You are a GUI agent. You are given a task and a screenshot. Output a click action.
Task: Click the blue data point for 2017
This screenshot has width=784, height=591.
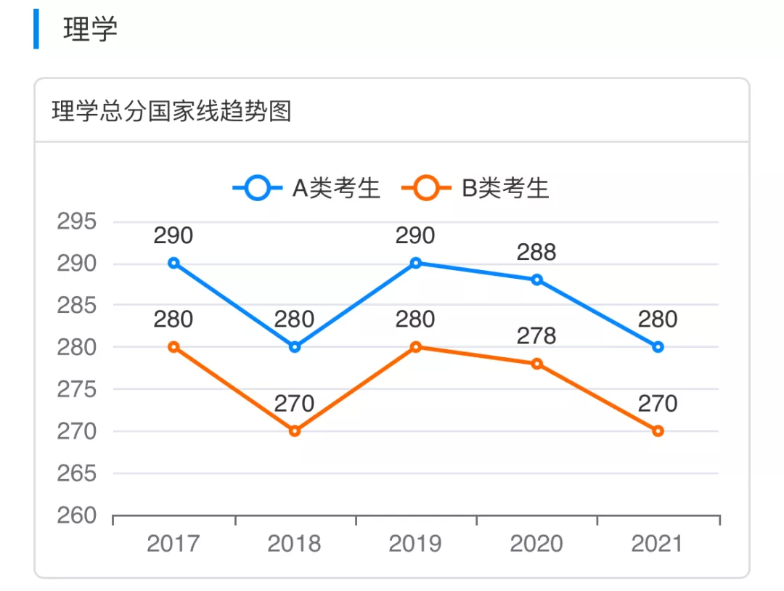(173, 263)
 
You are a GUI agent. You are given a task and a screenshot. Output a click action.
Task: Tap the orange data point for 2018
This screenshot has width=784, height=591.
(295, 431)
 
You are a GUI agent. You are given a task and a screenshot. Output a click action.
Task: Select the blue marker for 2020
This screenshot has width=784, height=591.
(537, 280)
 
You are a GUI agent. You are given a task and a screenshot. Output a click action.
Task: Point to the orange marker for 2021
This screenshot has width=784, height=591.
(658, 431)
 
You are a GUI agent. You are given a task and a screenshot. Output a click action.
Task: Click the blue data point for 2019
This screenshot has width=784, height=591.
(416, 263)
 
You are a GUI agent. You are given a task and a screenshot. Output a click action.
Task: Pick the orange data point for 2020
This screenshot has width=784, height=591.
(537, 364)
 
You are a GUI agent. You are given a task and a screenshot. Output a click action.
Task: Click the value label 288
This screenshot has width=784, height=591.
(536, 253)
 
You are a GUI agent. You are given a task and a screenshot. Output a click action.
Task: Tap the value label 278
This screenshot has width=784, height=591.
(536, 336)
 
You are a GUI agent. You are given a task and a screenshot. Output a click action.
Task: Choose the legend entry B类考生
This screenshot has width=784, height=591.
(477, 189)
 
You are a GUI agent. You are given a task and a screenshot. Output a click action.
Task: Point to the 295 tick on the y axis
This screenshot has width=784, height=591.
(77, 221)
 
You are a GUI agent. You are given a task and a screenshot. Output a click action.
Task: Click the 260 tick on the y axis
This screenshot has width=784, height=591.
(77, 515)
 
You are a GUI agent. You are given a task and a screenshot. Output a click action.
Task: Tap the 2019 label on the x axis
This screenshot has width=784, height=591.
(415, 544)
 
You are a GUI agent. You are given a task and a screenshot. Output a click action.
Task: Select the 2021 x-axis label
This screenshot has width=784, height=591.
(658, 544)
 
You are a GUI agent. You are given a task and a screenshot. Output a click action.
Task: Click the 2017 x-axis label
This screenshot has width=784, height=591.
(173, 544)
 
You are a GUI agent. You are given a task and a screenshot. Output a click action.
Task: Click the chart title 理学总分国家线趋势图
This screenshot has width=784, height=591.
(171, 112)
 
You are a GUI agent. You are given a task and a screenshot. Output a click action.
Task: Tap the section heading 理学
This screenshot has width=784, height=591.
(90, 30)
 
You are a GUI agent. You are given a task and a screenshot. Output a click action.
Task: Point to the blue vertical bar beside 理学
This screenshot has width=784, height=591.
(36, 30)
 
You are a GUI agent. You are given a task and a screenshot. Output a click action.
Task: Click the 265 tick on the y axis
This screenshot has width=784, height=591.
(77, 473)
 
